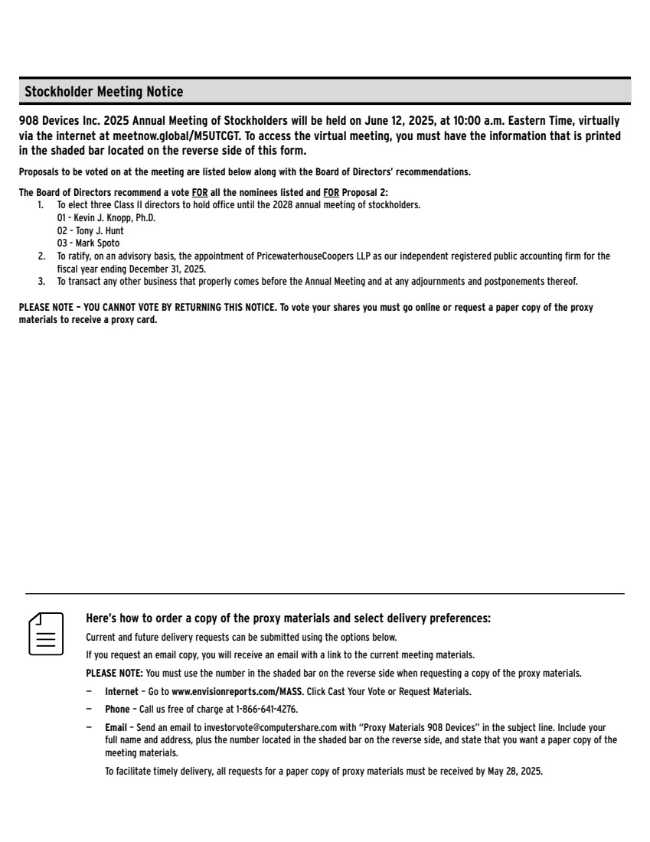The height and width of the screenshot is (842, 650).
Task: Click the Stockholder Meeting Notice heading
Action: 104,92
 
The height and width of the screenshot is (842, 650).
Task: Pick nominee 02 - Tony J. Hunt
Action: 90,230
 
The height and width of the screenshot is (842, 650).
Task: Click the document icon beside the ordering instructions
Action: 46,633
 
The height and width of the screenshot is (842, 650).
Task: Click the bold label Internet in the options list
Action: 122,691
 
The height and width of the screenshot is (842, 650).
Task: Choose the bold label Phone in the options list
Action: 117,709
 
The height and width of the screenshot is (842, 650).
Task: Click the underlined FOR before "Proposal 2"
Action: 332,192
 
